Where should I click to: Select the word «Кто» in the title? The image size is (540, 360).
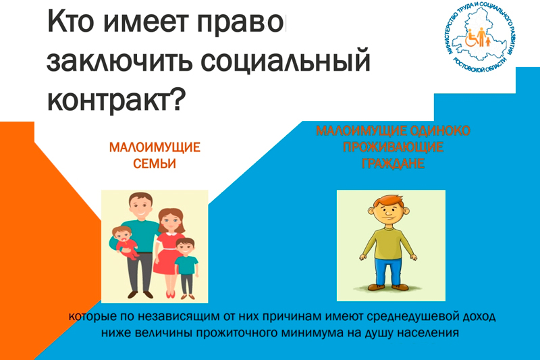[x=71, y=22]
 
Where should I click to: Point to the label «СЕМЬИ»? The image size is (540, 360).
[x=155, y=163]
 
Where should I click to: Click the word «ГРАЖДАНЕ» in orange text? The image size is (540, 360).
[x=393, y=163]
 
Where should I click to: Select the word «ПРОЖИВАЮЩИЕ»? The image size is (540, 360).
[x=393, y=147]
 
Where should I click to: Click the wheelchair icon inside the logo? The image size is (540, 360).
[x=471, y=38]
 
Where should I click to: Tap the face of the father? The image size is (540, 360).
[x=140, y=205]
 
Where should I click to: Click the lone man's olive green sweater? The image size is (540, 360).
[x=388, y=243]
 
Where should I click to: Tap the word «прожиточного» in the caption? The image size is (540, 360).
[x=241, y=333]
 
